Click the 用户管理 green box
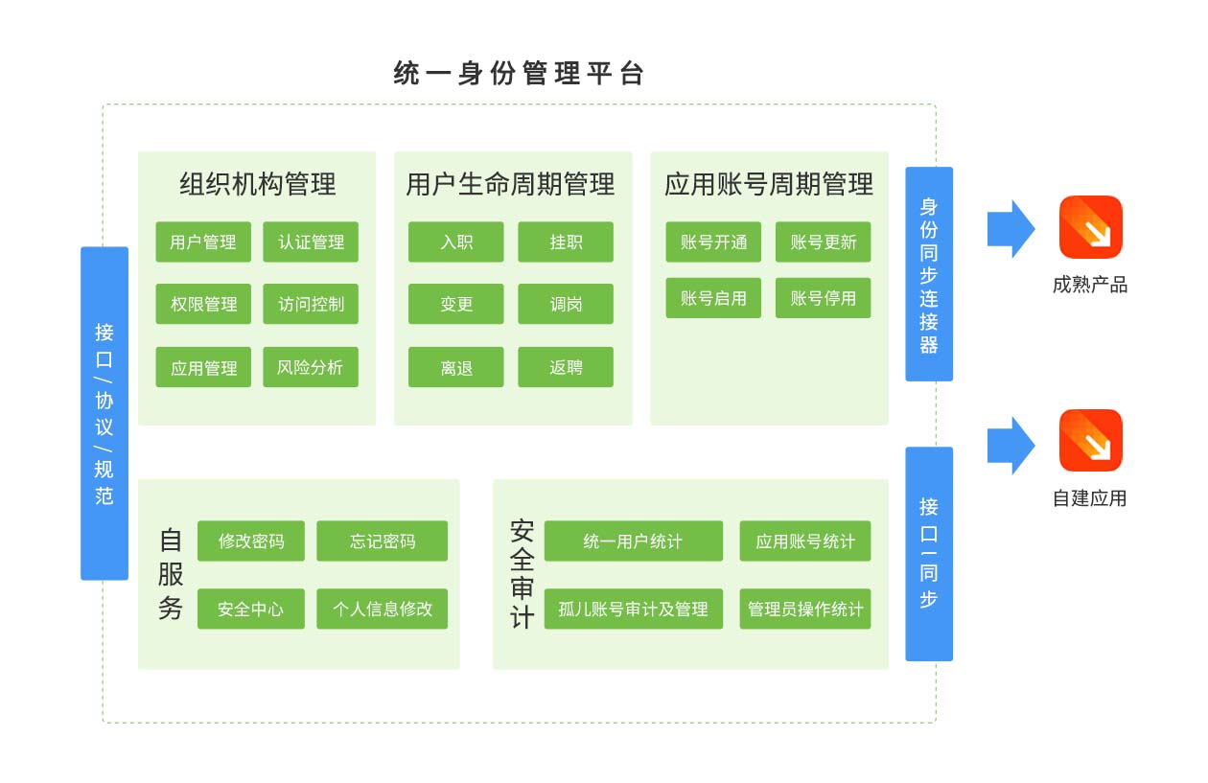[x=203, y=242]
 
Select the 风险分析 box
[x=311, y=367]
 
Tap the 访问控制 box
[x=311, y=304]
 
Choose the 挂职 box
[x=566, y=242]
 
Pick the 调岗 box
[x=566, y=304]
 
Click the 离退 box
[x=455, y=367]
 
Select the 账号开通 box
[x=713, y=242]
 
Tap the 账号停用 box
[x=823, y=298]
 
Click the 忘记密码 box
[x=382, y=541]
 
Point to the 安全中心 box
[x=251, y=609]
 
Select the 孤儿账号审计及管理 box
[x=633, y=609]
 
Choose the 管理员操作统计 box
[x=804, y=609]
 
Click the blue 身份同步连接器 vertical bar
[x=929, y=274]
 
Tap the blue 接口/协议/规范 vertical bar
[x=105, y=413]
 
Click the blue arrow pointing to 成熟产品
[x=1011, y=229]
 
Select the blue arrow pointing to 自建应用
[x=1011, y=445]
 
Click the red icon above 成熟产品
[x=1090, y=227]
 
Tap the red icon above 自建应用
[x=1090, y=441]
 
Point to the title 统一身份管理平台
[x=519, y=74]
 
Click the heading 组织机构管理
[x=257, y=184]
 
